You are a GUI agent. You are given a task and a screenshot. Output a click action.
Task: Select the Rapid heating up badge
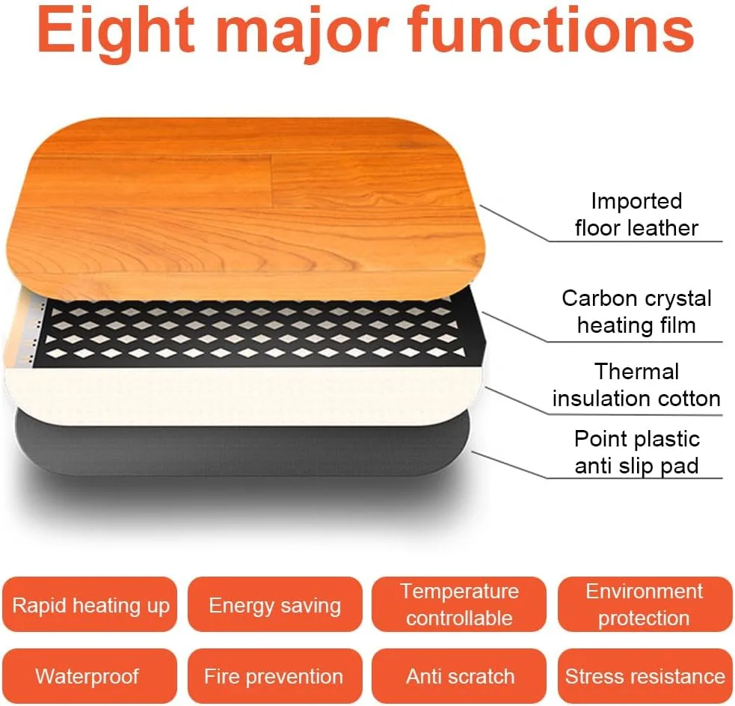click(90, 605)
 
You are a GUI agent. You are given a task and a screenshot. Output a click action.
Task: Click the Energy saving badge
click(275, 605)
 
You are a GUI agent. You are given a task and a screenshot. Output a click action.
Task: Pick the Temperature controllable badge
click(459, 605)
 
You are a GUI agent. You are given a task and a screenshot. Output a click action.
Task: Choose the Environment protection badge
click(645, 605)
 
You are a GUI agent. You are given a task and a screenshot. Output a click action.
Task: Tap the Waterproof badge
click(90, 676)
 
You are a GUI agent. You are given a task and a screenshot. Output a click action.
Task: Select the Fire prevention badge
click(275, 676)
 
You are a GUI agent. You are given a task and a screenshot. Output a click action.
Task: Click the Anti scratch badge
click(459, 676)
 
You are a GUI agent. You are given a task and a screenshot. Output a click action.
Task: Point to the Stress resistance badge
click(645, 676)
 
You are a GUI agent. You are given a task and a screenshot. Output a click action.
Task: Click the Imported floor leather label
click(636, 215)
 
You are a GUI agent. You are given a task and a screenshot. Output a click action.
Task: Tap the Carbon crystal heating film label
click(636, 312)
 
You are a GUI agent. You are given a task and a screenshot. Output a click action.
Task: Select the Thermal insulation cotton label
click(636, 385)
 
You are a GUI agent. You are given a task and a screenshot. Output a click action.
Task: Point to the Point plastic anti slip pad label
click(636, 452)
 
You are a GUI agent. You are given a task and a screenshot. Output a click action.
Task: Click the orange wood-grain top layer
click(246, 206)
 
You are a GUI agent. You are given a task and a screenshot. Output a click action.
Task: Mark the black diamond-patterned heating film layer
click(253, 334)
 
